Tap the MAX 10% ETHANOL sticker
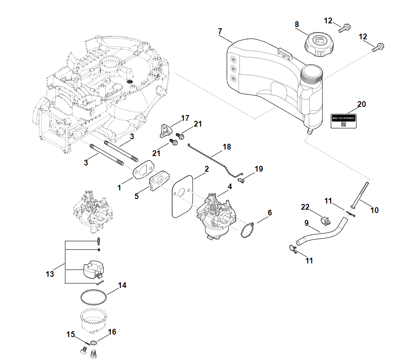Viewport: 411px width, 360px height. pos(343,121)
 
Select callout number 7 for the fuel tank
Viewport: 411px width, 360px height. pos(220,31)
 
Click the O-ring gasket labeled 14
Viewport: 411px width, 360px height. pos(94,297)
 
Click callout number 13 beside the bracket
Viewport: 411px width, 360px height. pos(50,274)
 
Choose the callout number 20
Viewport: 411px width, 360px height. pos(361,104)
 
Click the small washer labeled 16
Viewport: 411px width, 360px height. pos(93,342)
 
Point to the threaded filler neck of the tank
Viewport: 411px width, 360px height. pos(312,73)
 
